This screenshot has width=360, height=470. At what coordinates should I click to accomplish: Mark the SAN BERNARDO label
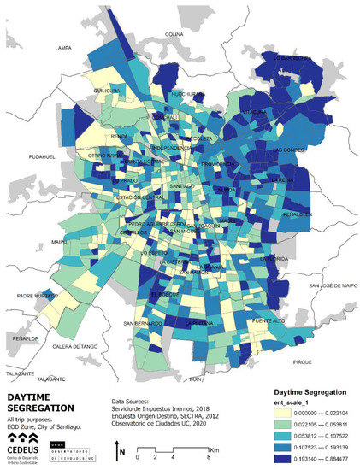click(x=142, y=324)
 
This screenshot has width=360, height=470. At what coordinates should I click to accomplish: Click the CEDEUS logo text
click(x=25, y=444)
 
